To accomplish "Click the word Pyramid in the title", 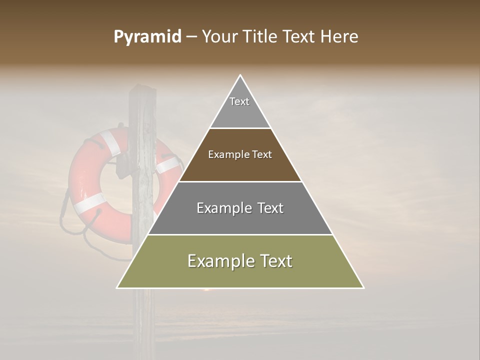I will coord(147,37).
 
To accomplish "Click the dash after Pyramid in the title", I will coord(191,37).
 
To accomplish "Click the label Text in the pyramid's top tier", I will coord(239,101).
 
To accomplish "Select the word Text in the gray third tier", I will coord(270,208).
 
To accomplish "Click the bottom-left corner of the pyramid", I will coord(117,287).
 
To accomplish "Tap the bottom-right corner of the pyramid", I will coord(363,287).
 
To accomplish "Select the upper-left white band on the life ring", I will coord(110,142).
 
